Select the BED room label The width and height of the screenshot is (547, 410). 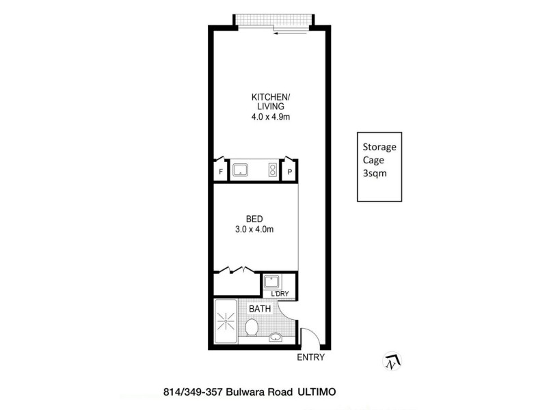point(254,219)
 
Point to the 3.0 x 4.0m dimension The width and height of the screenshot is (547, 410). point(254,230)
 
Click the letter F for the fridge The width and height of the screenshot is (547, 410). point(221,172)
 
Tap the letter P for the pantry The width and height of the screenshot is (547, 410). point(290,172)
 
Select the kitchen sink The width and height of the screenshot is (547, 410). point(241,169)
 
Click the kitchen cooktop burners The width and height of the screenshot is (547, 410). point(272,169)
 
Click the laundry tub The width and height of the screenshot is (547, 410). point(272,282)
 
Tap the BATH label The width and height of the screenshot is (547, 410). point(260,309)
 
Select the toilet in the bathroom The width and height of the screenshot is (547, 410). point(251,330)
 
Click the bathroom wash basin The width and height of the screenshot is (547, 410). point(276,336)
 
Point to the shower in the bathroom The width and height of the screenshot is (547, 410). point(226,321)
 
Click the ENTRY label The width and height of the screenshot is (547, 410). point(310,357)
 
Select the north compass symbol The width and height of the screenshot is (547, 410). point(392,362)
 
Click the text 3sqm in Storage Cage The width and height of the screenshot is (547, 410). point(373,174)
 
